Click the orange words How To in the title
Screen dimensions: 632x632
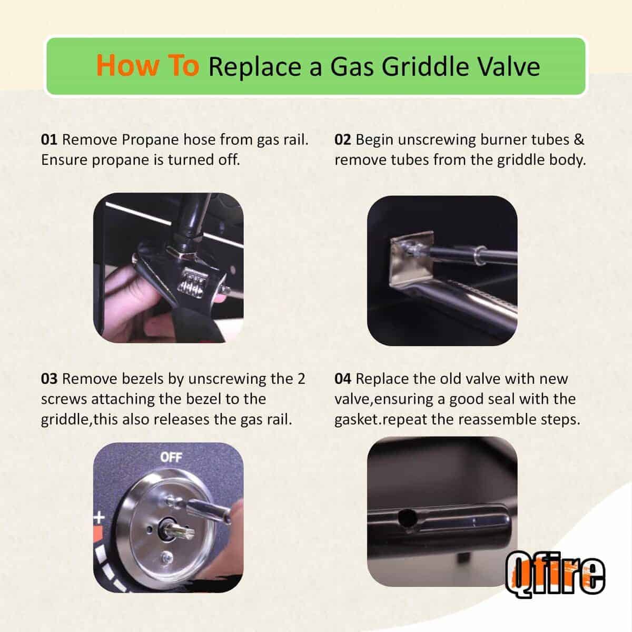click(147, 66)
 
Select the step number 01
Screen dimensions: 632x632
click(48, 140)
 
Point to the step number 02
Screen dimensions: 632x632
click(342, 140)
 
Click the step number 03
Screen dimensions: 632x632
click(48, 379)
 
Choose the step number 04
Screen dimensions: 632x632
click(342, 379)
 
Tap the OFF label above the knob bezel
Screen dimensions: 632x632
click(171, 457)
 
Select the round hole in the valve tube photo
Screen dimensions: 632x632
click(405, 519)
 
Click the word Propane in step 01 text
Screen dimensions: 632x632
click(150, 140)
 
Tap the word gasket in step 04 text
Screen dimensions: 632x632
click(357, 420)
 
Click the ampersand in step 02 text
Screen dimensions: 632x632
click(579, 140)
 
